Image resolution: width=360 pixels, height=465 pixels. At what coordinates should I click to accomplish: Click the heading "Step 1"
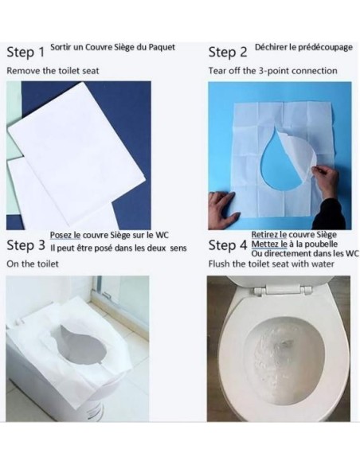(x=25, y=53)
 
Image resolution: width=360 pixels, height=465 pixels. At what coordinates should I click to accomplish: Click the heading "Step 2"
(x=227, y=53)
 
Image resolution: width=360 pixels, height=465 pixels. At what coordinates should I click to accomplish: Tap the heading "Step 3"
(x=25, y=245)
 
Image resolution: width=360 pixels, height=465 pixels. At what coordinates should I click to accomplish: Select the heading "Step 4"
(x=227, y=245)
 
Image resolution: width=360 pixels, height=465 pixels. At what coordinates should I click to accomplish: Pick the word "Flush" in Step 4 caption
(x=219, y=264)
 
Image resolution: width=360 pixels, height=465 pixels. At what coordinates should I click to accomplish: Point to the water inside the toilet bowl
(x=279, y=350)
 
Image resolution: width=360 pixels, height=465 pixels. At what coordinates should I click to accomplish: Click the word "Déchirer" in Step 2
(x=272, y=47)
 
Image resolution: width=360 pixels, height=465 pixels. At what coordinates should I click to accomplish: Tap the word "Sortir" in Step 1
(x=61, y=47)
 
